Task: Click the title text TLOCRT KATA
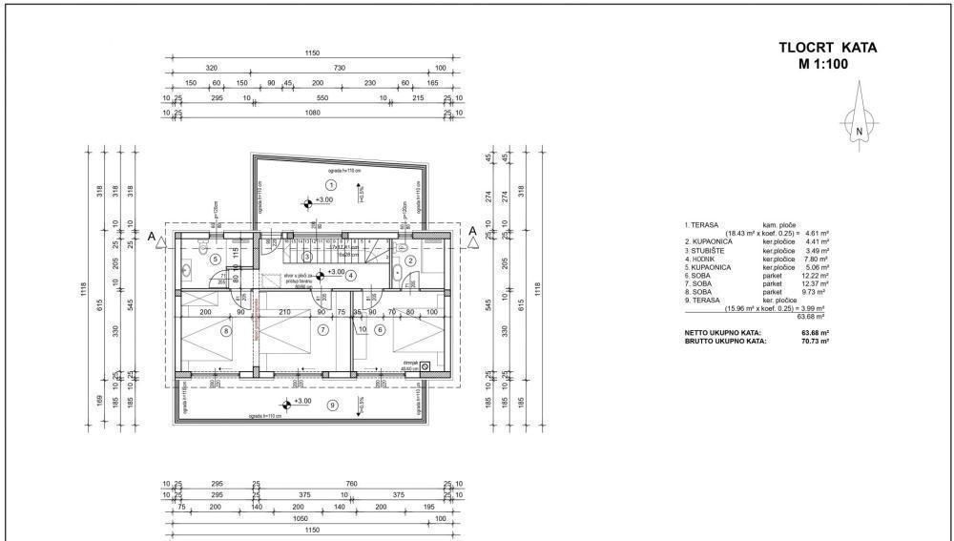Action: click(827, 48)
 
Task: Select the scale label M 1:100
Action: click(824, 65)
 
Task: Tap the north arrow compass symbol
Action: click(859, 121)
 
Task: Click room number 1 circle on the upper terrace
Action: click(331, 184)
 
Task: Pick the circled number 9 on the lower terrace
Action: click(332, 406)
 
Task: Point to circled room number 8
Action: click(226, 331)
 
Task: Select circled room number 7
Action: click(323, 331)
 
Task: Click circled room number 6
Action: click(380, 331)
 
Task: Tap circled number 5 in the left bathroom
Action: click(216, 259)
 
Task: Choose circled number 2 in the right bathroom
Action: click(410, 260)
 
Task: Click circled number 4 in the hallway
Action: click(350, 276)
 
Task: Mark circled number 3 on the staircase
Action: click(306, 257)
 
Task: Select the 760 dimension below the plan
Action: click(351, 485)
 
